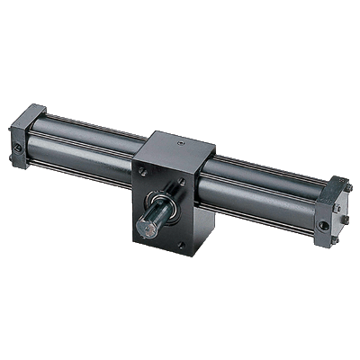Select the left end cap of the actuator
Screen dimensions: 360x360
point(27,135)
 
